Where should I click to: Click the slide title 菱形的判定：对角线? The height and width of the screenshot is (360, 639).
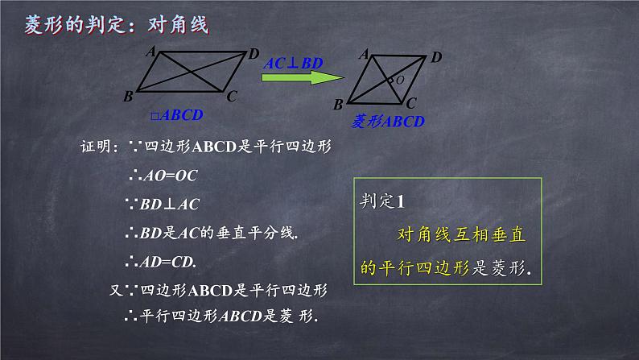pyautogui.click(x=116, y=26)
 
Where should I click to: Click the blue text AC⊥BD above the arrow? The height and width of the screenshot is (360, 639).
pyautogui.click(x=295, y=61)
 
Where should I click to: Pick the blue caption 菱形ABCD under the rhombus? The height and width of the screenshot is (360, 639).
pyautogui.click(x=388, y=122)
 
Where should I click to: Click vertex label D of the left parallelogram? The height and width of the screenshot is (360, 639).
pyautogui.click(x=254, y=54)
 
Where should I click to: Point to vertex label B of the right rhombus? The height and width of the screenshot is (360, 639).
pyautogui.click(x=339, y=103)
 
